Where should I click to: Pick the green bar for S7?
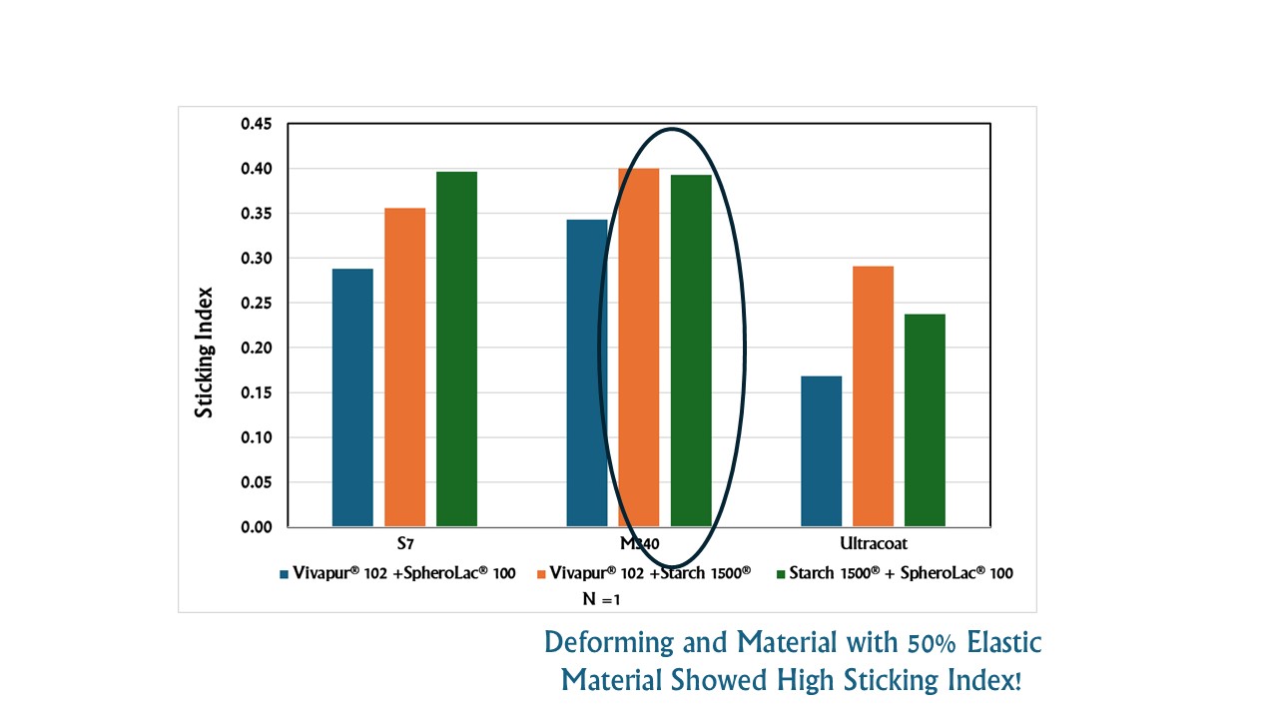[x=456, y=349]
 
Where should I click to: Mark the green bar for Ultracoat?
[x=925, y=420]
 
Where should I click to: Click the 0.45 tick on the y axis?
[x=256, y=124]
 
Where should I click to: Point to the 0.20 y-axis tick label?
[x=256, y=349]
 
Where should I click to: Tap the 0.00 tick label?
[x=256, y=527]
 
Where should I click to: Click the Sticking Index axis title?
[x=205, y=352]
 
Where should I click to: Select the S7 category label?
[x=404, y=545]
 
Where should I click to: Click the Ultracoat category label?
[x=873, y=545]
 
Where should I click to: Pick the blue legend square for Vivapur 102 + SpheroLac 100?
[x=285, y=574]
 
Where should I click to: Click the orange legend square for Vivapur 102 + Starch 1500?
[x=541, y=574]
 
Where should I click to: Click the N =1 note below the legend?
[x=602, y=599]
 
